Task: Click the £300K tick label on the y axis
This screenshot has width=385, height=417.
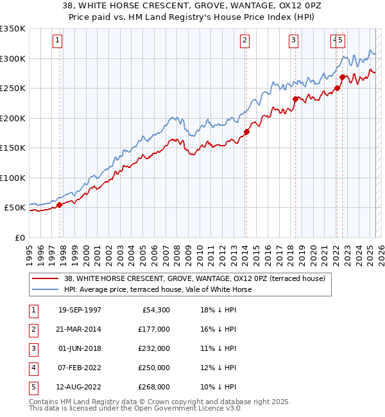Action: pyautogui.click(x=12, y=58)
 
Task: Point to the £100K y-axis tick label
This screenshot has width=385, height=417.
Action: pyautogui.click(x=12, y=178)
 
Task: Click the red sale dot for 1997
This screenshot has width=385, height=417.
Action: pyautogui.click(x=60, y=205)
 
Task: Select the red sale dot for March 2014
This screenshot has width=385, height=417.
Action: pyautogui.click(x=246, y=132)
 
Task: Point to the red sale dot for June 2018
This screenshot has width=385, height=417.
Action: pyautogui.click(x=296, y=99)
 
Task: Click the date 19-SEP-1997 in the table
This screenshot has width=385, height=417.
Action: pyautogui.click(x=80, y=311)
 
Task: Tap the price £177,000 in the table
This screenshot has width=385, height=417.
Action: pyautogui.click(x=154, y=330)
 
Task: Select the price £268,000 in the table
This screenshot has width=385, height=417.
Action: pyautogui.click(x=154, y=387)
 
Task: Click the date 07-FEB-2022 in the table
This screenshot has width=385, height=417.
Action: pyautogui.click(x=80, y=368)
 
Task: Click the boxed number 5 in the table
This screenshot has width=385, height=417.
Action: pyautogui.click(x=33, y=387)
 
